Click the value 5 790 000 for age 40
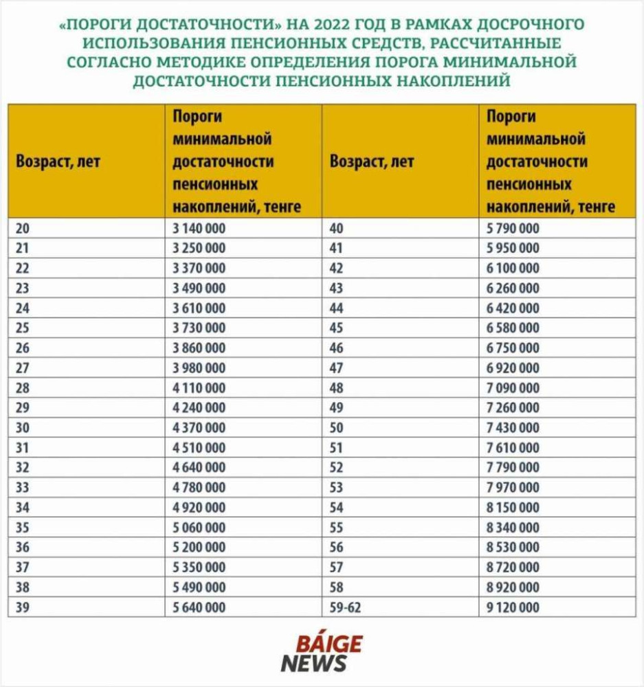click(513, 228)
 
